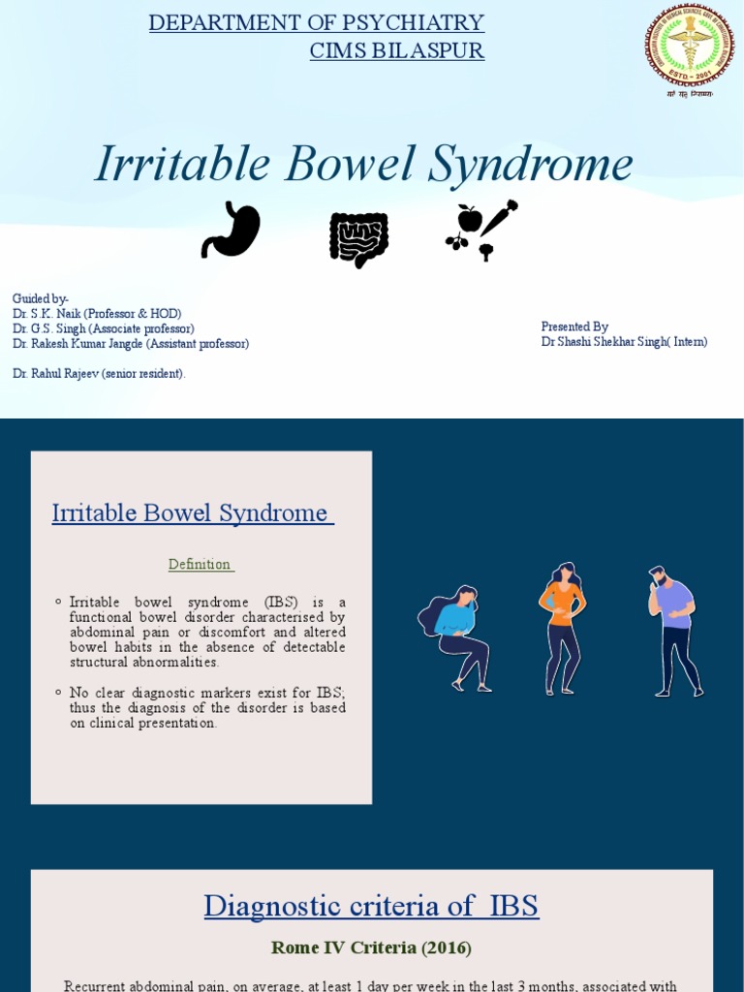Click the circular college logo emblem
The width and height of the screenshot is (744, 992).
click(691, 46)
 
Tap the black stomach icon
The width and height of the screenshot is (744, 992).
click(231, 231)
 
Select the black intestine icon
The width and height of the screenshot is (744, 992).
click(358, 238)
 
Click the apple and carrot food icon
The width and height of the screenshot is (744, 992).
click(481, 230)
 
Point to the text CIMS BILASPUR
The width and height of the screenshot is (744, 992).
click(396, 51)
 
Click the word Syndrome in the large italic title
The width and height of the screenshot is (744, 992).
click(529, 165)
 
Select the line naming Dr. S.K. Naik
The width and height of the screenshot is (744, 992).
click(97, 314)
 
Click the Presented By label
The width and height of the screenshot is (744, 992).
click(574, 327)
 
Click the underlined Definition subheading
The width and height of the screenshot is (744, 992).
click(201, 565)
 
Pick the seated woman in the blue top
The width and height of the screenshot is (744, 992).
click(455, 638)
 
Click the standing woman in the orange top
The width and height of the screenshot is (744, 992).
click(562, 628)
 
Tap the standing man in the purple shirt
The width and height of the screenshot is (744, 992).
click(674, 631)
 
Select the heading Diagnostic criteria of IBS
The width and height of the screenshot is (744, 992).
click(371, 907)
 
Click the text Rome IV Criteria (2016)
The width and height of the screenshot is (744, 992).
click(371, 948)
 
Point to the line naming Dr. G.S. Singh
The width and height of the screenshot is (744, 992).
click(103, 328)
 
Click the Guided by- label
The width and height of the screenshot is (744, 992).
click(41, 298)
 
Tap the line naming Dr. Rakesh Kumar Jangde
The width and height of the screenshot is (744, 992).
click(131, 343)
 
